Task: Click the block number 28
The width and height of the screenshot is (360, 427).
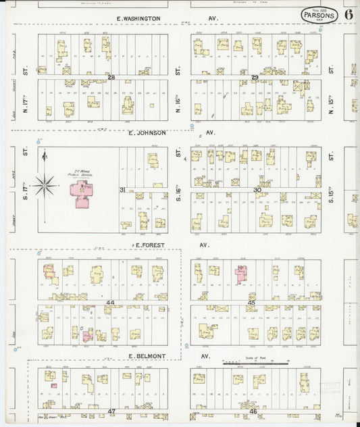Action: pyautogui.click(x=111, y=78)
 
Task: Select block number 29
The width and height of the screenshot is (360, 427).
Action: pyautogui.click(x=255, y=78)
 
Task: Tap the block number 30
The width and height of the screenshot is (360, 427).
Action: pyautogui.click(x=257, y=190)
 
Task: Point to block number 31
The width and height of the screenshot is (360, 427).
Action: pyautogui.click(x=122, y=190)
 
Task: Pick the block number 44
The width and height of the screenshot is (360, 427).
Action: pyautogui.click(x=110, y=302)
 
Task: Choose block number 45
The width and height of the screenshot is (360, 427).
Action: pyautogui.click(x=251, y=302)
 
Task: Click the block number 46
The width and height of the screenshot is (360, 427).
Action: pyautogui.click(x=253, y=411)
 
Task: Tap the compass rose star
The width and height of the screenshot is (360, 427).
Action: pyautogui.click(x=45, y=182)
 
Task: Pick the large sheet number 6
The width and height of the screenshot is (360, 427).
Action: pyautogui.click(x=348, y=14)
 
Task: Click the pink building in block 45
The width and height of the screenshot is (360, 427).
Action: pyautogui.click(x=240, y=272)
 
